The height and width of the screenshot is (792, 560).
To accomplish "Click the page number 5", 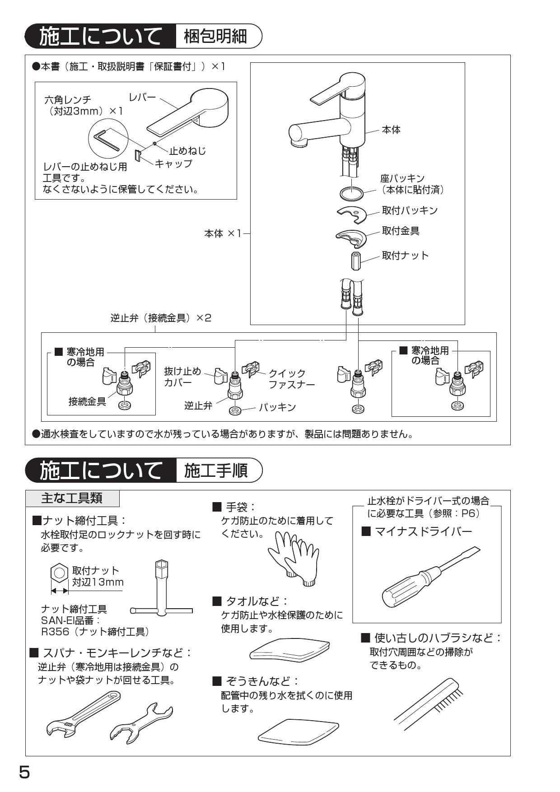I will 24,772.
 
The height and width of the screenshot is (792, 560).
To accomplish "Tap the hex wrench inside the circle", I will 107,139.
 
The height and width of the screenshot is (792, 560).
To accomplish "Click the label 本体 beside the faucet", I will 391,130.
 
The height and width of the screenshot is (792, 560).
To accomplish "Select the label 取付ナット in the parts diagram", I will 405,256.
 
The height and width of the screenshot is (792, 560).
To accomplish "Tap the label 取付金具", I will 401,231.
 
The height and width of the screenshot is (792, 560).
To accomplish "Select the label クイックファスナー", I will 291,379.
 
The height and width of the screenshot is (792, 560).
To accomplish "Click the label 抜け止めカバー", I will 182,377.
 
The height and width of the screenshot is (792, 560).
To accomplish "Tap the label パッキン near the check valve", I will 277,407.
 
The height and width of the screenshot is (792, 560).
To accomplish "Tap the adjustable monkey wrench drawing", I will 83,712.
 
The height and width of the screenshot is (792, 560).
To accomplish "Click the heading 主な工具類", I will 72,498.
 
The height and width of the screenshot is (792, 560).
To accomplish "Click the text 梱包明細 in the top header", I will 216,37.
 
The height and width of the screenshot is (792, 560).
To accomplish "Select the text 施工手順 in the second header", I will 216,471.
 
